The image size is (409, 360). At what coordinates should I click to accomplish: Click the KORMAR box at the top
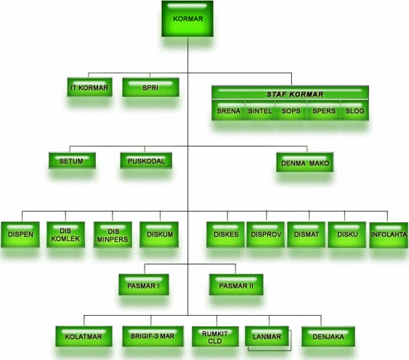pos(187,19)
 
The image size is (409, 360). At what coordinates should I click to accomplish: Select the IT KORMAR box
pos(90,87)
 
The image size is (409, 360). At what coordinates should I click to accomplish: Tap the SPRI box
pos(150,87)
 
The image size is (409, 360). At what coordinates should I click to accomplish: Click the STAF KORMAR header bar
pos(290,93)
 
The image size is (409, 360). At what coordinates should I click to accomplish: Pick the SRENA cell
pos(228,110)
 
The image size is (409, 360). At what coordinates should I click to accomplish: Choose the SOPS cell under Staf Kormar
pos(291,110)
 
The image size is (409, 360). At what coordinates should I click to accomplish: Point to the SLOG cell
pos(355,110)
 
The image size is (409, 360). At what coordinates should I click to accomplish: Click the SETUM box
pos(72,160)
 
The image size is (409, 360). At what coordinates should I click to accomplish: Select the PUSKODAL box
pos(146,160)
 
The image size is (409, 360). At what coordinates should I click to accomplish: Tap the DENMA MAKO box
pos(304,162)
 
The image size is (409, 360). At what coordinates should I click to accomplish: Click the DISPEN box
pos(20,234)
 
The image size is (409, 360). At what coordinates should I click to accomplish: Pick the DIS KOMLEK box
pos(65,234)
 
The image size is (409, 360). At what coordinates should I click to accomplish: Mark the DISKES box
pos(226,234)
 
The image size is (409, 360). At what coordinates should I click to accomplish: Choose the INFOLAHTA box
pos(389,234)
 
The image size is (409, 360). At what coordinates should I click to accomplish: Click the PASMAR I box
pos(144,285)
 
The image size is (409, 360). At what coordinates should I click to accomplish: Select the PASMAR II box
pos(236,285)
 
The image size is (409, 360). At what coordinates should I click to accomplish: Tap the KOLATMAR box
pos(84,336)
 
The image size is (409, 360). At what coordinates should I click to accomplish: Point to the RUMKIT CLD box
pos(215,337)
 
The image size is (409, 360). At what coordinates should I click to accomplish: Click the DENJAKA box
pos(328,336)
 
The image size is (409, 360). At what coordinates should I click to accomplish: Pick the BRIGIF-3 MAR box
pos(153,336)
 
